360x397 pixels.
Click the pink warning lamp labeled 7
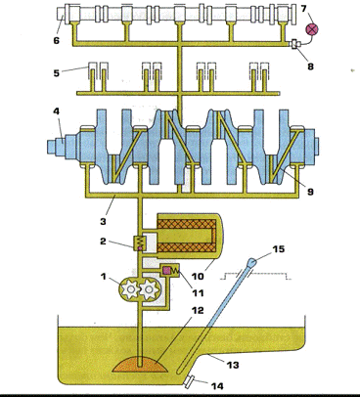(312, 29)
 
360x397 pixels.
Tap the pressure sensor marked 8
(296, 44)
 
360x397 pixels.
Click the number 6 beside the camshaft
(57, 40)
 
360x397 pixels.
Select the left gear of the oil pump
(131, 288)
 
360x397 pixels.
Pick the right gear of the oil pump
(150, 288)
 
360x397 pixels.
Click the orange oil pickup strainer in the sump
(140, 365)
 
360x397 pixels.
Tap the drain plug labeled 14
(190, 381)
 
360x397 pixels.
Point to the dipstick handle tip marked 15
(252, 262)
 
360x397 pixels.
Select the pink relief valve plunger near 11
(166, 270)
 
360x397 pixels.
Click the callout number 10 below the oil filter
(198, 276)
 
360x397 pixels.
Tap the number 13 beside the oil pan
(233, 365)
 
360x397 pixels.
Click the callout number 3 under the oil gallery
(103, 221)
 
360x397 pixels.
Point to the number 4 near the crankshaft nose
(57, 111)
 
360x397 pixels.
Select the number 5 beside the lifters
(57, 72)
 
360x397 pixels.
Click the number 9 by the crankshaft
(310, 192)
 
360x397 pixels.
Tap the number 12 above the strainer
(197, 310)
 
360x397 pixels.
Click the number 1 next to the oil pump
(104, 277)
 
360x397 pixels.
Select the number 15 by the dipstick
(279, 249)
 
